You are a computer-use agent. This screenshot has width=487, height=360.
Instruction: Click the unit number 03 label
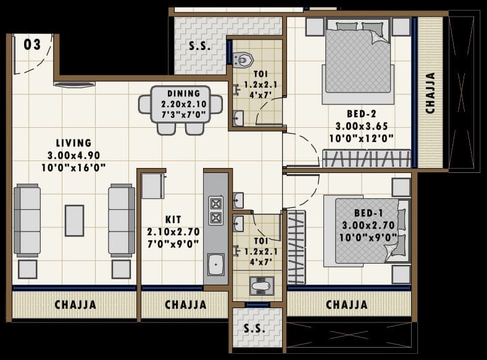[32, 44]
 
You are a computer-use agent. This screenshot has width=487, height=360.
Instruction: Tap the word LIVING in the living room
[73, 143]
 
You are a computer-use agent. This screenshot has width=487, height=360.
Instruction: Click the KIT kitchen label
[173, 219]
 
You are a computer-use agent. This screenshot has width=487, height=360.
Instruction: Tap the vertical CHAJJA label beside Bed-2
[430, 93]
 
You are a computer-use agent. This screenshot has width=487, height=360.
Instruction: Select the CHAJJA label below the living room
[75, 304]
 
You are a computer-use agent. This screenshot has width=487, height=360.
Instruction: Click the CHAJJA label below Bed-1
[346, 304]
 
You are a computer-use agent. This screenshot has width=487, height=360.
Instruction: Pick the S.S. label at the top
[199, 47]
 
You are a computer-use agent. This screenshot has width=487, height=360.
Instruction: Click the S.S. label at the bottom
[255, 329]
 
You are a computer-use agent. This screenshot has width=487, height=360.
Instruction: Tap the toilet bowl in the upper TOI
[244, 59]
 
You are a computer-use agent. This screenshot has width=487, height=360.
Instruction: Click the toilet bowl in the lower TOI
[258, 285]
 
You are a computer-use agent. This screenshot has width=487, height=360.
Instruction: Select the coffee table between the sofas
[74, 220]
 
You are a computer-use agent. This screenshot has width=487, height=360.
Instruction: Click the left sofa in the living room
[27, 220]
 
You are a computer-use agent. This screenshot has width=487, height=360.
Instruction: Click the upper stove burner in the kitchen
[216, 203]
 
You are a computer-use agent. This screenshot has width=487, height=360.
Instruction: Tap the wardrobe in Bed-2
[367, 159]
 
